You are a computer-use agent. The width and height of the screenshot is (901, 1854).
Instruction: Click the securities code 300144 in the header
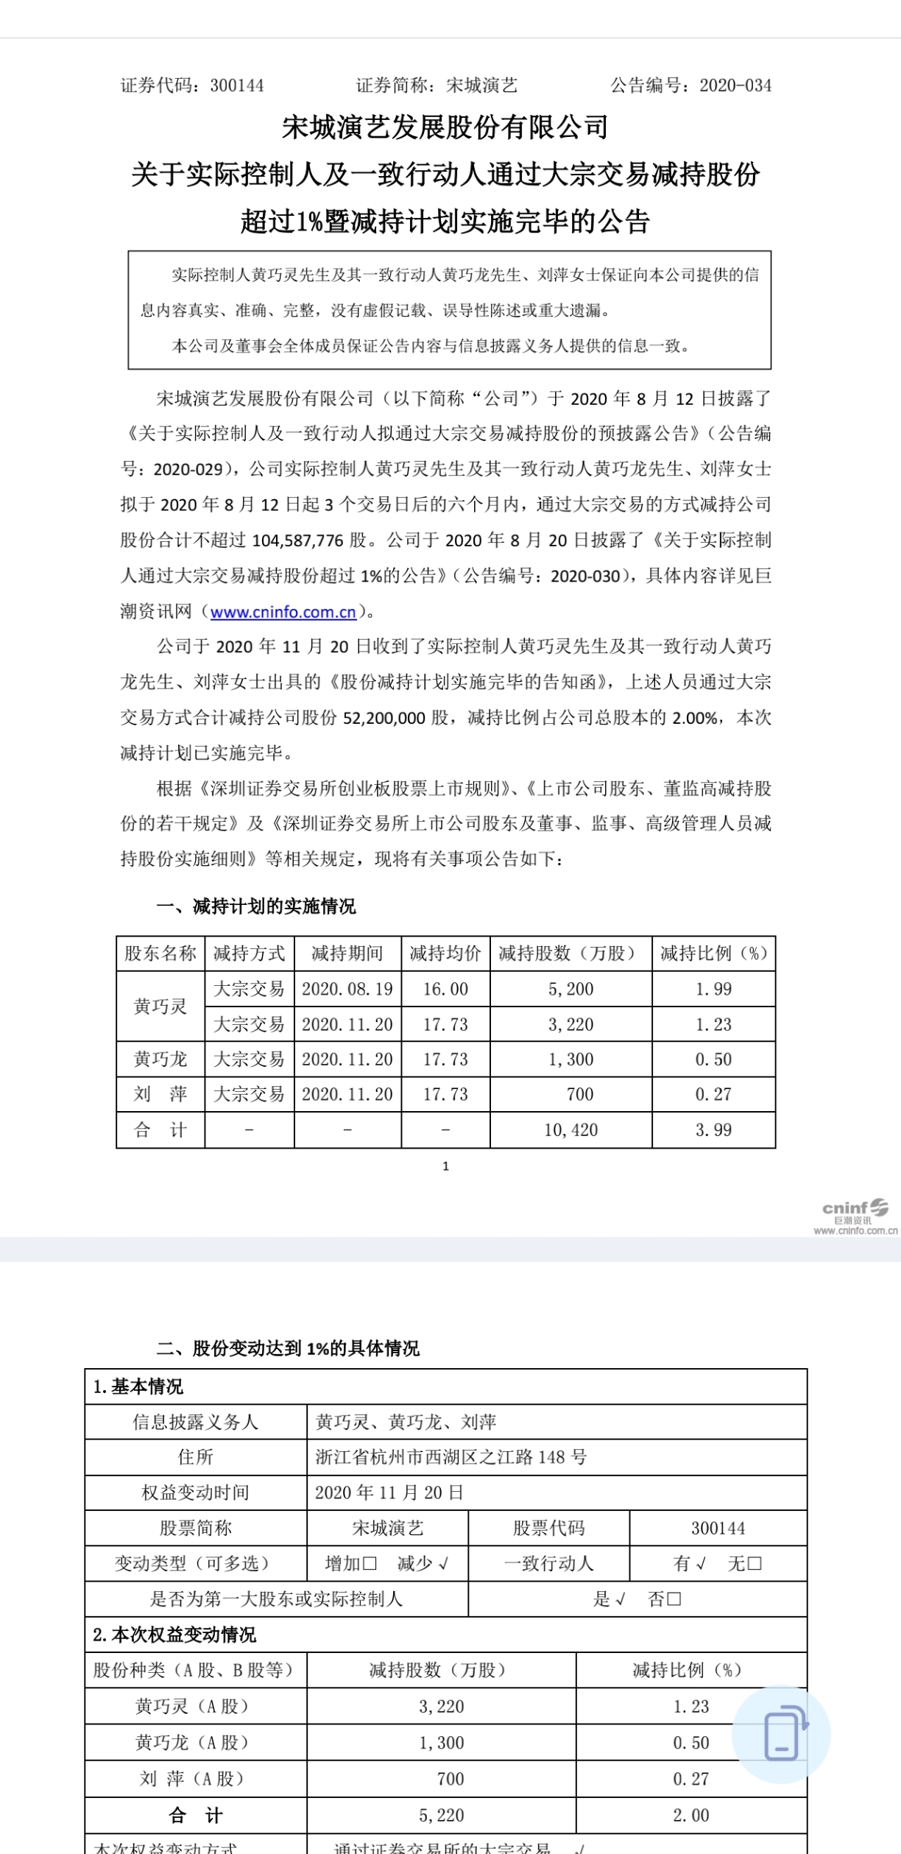pos(236,85)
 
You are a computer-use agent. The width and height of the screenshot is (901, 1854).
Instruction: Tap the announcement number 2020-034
pos(735,85)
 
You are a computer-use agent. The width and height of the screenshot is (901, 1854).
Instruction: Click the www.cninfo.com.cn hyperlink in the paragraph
pos(283,612)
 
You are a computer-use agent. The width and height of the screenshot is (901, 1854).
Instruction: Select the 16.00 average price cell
pos(445,989)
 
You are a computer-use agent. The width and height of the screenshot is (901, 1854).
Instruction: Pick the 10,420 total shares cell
pos(570,1129)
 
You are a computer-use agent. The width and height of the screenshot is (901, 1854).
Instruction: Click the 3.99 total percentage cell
pos(713,1129)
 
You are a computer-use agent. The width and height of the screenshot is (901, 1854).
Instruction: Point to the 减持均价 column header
pos(445,954)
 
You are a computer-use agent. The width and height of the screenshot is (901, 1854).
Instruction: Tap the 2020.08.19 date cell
pos(347,989)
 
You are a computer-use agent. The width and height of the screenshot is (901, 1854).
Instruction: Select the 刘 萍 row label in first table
pos(160,1094)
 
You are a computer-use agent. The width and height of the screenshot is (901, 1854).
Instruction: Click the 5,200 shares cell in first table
pos(570,989)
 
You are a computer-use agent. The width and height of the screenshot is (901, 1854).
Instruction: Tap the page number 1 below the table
pos(445,1166)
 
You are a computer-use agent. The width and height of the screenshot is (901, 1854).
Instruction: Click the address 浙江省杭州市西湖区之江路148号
pos(451,1456)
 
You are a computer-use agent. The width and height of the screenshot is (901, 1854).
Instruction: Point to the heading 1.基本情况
pos(138,1387)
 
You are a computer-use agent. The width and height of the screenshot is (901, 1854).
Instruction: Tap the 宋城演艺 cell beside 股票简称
pos(387,1528)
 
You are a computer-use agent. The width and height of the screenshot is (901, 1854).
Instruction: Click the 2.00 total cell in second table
pos(690,1816)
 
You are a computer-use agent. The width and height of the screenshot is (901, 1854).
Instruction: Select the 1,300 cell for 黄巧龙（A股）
pos(441,1743)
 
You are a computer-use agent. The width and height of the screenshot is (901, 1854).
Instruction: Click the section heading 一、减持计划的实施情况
pos(255,906)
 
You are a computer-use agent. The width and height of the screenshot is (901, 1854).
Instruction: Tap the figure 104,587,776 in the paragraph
pos(297,540)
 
